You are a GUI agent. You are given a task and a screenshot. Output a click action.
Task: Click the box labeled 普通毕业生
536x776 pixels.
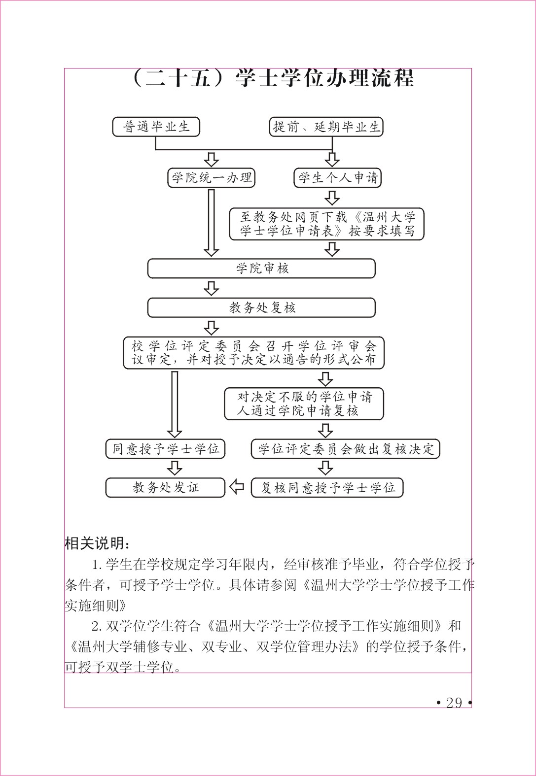(156, 127)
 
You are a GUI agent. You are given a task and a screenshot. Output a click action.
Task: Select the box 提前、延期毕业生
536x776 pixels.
(326, 127)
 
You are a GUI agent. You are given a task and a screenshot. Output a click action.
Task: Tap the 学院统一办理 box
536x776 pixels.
(211, 178)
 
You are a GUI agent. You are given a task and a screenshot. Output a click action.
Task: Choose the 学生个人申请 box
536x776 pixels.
(337, 178)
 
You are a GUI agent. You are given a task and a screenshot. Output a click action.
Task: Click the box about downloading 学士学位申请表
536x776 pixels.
(326, 224)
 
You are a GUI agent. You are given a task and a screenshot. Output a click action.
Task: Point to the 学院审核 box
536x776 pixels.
(261, 269)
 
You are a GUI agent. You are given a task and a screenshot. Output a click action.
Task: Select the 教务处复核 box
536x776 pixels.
(261, 307)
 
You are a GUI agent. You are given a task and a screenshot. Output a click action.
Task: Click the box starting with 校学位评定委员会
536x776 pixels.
(254, 353)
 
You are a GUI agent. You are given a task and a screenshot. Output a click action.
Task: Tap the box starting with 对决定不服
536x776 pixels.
(304, 404)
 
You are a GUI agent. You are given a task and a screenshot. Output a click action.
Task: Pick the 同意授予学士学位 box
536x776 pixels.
(165, 449)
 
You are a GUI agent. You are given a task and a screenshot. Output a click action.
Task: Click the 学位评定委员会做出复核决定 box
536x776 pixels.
(345, 449)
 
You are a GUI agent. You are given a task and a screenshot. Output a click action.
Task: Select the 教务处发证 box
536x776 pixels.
(165, 488)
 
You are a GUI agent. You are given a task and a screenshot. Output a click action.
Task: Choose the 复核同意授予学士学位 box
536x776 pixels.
(327, 488)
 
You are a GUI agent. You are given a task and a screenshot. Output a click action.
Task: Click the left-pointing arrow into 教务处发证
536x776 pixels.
(237, 487)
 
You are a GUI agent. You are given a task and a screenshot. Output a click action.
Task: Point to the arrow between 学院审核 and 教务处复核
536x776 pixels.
(211, 288)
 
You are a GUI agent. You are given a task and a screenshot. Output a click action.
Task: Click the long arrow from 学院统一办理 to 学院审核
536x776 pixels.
(211, 223)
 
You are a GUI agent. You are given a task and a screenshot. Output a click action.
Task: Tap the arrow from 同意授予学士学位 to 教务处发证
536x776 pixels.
(175, 468)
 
